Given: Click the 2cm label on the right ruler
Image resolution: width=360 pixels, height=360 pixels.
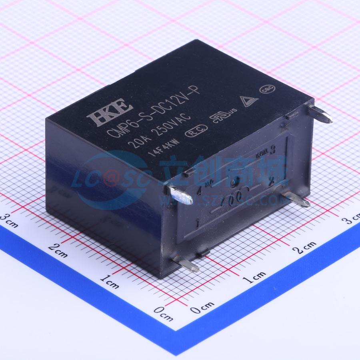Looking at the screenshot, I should click(304, 248).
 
